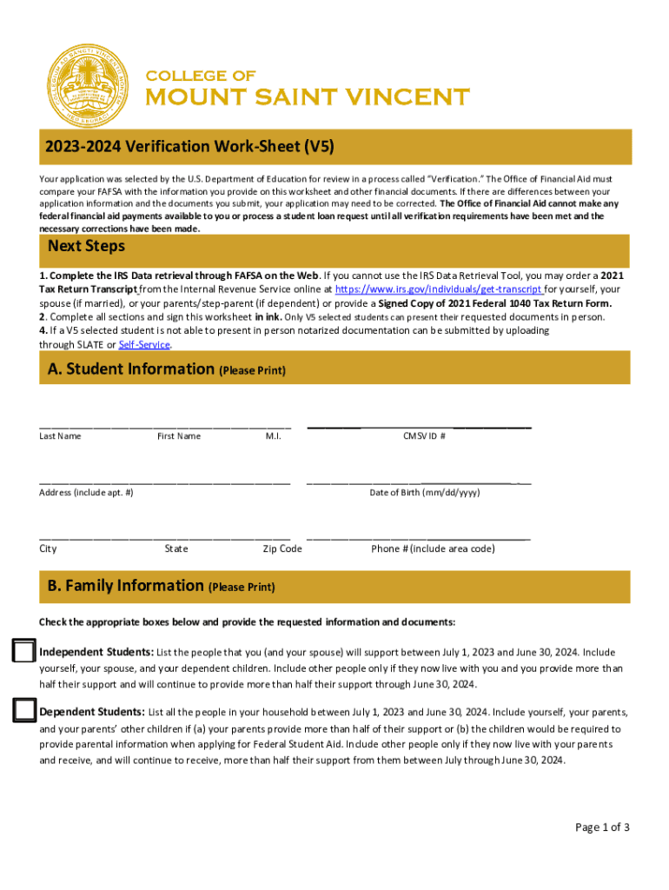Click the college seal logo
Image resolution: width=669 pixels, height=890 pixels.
(86, 86)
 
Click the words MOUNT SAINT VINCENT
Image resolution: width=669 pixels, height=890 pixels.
(307, 96)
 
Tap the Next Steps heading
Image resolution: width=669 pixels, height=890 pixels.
(86, 246)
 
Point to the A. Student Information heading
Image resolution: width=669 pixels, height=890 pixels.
(127, 369)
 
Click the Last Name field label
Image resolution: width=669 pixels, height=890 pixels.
(60, 436)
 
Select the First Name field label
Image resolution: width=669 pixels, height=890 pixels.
(178, 436)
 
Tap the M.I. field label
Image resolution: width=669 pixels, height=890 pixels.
(273, 436)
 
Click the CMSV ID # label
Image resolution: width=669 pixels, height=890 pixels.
(424, 436)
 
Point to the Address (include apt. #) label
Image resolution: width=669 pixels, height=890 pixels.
(86, 493)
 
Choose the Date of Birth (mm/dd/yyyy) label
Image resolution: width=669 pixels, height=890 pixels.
(424, 493)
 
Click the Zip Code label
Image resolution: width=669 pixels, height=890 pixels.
(282, 549)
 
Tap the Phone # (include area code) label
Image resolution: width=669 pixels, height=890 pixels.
(433, 549)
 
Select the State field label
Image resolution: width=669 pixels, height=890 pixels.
(176, 549)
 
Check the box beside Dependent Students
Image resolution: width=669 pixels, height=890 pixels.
(24, 712)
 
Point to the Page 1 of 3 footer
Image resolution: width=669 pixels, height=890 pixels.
(602, 827)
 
